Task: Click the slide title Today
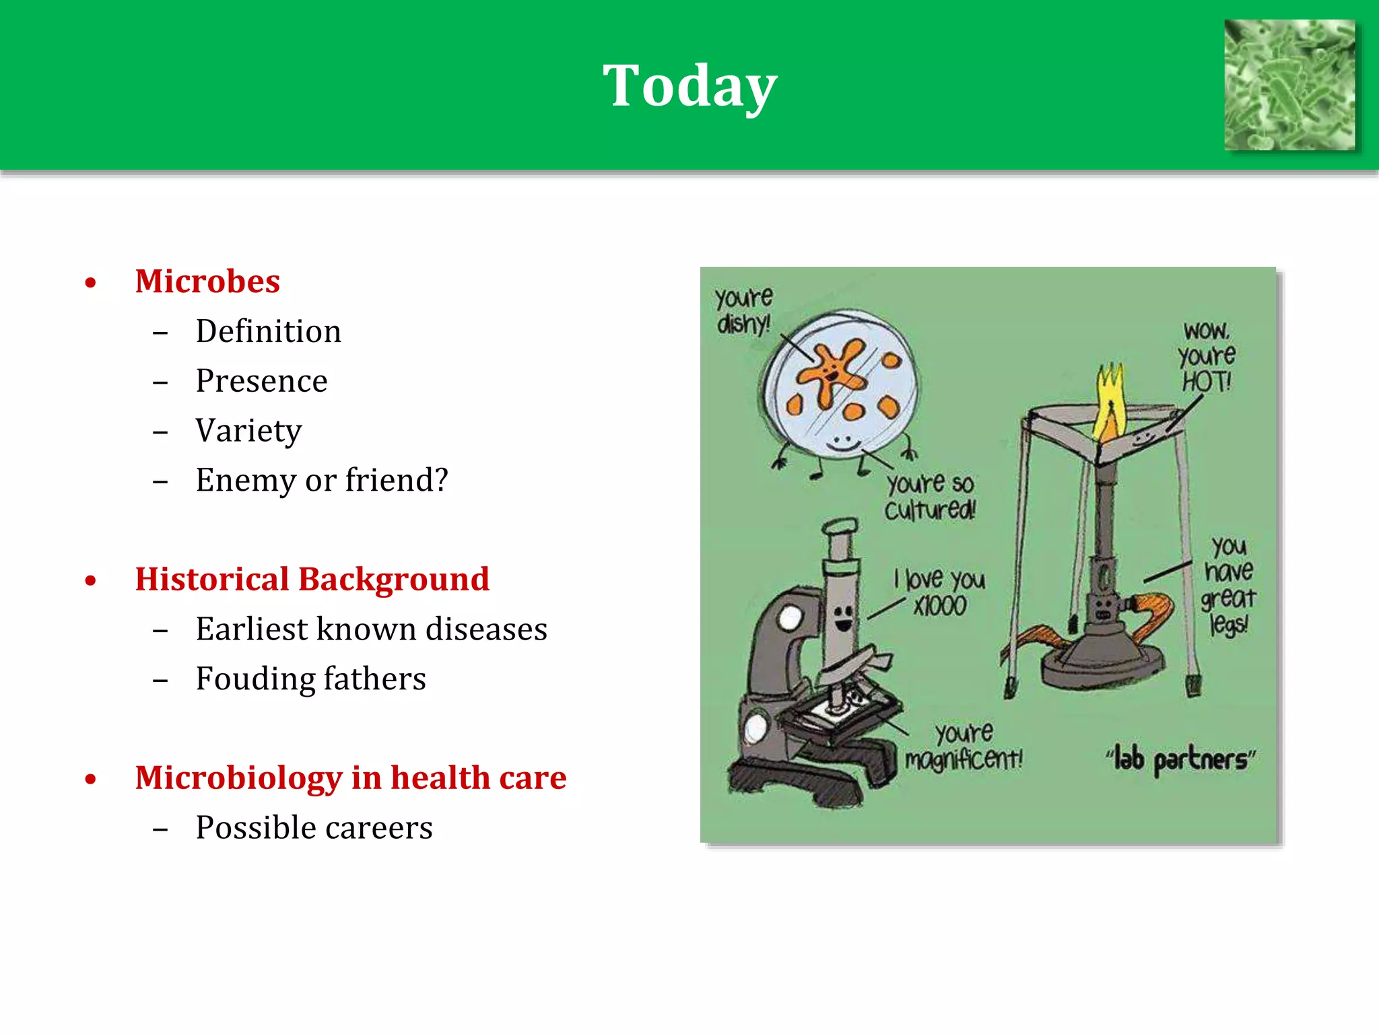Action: pyautogui.click(x=689, y=86)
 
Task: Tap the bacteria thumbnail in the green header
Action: pyautogui.click(x=1289, y=85)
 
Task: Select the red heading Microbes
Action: pyautogui.click(x=207, y=281)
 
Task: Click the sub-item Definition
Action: pyautogui.click(x=268, y=331)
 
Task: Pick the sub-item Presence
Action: pyautogui.click(x=261, y=381)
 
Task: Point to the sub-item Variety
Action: pyautogui.click(x=248, y=431)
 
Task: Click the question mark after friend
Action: pyautogui.click(x=441, y=480)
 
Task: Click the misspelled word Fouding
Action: pyautogui.click(x=246, y=679)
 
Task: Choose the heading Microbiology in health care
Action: pyautogui.click(x=350, y=778)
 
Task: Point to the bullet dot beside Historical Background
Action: pyautogui.click(x=91, y=581)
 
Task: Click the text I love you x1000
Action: pyautogui.click(x=940, y=592)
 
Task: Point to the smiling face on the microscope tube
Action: pyautogui.click(x=842, y=617)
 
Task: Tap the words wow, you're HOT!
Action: pyautogui.click(x=1207, y=357)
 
